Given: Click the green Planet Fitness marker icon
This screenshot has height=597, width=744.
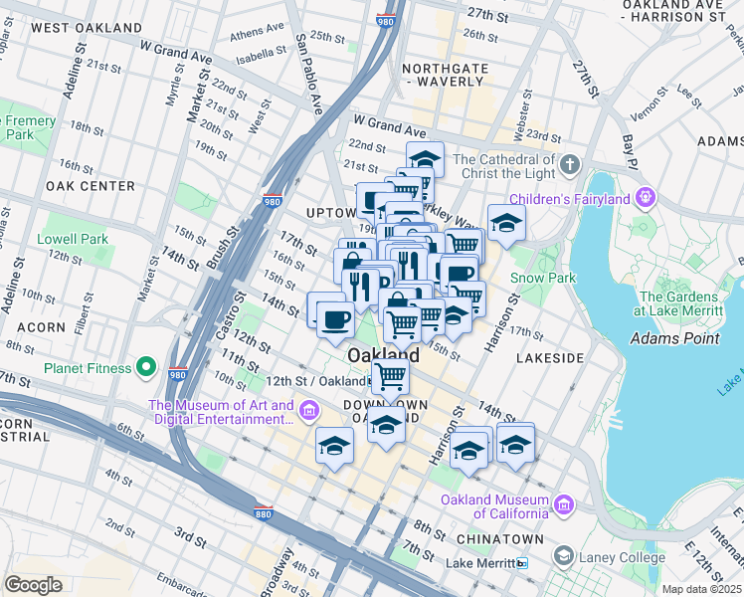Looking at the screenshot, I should point(146,368).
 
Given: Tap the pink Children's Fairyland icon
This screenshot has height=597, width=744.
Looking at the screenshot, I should point(646,199).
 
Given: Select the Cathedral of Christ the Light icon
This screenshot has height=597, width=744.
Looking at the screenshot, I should point(570,163).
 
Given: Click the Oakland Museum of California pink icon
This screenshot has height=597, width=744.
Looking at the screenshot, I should point(564,506).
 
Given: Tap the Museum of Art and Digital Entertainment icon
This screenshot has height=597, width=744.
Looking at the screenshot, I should point(308,411).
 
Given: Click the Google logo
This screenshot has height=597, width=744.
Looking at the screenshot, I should point(33,584).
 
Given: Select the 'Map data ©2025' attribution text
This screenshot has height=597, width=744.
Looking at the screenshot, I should point(702,589).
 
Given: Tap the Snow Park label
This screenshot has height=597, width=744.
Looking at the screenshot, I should point(542,279).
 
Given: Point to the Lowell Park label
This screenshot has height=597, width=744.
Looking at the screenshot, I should point(73,240).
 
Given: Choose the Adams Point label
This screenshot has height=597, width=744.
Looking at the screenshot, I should point(674,339).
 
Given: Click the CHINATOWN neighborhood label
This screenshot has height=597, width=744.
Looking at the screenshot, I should point(500,539).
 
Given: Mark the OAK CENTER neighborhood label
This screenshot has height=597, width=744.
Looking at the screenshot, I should point(90,186).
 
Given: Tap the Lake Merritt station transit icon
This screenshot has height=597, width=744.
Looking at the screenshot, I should point(522,563).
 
